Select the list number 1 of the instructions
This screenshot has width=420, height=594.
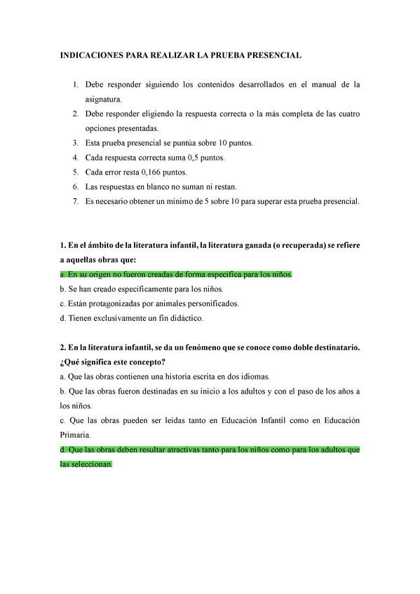click(75, 85)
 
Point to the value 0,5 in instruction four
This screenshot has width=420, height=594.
click(189, 158)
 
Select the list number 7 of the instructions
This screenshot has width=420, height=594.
click(75, 202)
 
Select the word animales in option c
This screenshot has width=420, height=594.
click(177, 304)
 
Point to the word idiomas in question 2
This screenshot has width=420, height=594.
click(253, 377)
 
